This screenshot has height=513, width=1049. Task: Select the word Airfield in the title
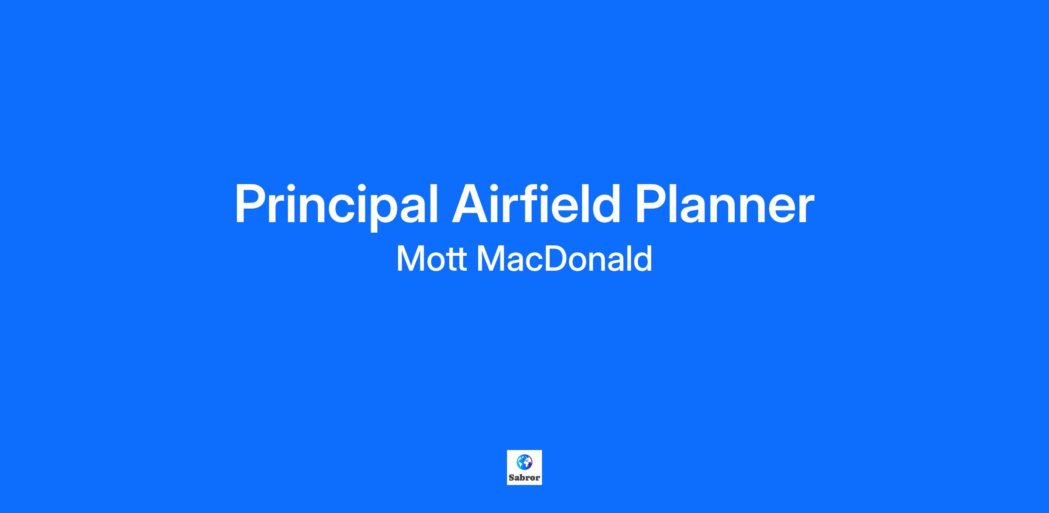point(536,202)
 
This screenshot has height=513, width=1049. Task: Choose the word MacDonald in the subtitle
point(564,258)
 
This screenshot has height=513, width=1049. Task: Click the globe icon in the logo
point(524,462)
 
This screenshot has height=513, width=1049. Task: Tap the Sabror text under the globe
point(524,478)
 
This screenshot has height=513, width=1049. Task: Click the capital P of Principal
point(252,203)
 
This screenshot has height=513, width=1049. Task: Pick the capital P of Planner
point(653,203)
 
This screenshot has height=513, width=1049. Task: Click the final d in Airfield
point(605,202)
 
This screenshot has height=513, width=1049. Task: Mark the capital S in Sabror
point(512,478)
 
